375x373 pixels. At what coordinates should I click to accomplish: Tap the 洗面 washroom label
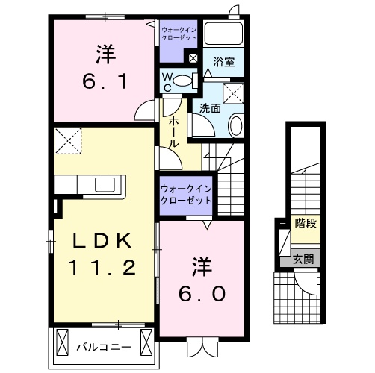click(210, 108)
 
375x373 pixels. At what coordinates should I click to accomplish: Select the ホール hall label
click(171, 131)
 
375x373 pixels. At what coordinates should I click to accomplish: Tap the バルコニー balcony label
click(104, 347)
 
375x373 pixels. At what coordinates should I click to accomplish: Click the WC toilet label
click(167, 81)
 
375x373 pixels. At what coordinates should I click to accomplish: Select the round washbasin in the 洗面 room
click(235, 125)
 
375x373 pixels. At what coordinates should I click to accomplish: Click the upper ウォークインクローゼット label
click(179, 33)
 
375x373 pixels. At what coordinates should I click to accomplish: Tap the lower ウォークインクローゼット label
click(185, 195)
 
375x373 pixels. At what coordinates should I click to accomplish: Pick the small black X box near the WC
click(193, 58)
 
